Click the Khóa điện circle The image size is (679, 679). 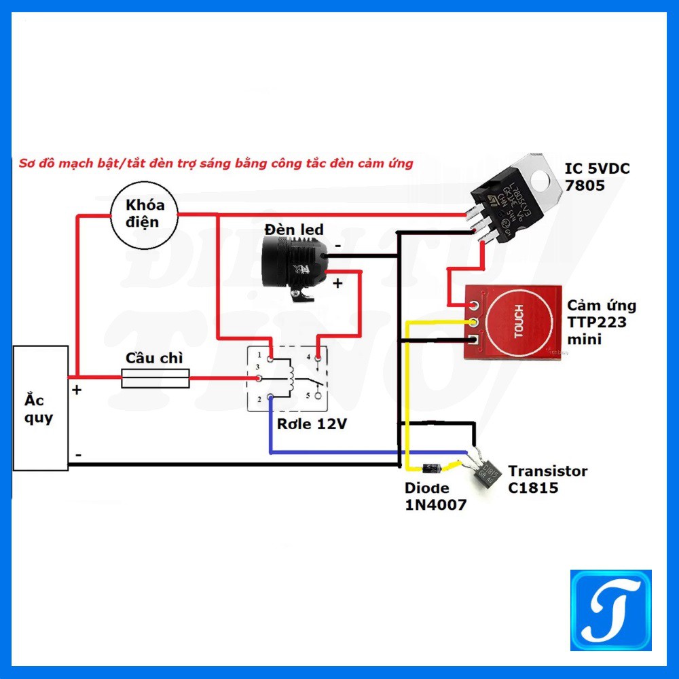144,214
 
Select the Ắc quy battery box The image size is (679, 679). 41,407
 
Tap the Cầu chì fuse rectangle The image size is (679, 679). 155,378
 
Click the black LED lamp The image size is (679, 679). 293,261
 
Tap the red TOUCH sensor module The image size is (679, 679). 513,322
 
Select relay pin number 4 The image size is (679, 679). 316,356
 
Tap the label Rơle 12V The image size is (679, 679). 312,424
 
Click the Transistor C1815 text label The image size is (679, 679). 547,479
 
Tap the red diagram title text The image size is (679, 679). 216,164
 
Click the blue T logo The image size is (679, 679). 610,610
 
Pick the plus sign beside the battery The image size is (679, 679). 77,390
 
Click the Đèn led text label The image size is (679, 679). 294,230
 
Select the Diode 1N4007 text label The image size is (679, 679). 435,496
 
